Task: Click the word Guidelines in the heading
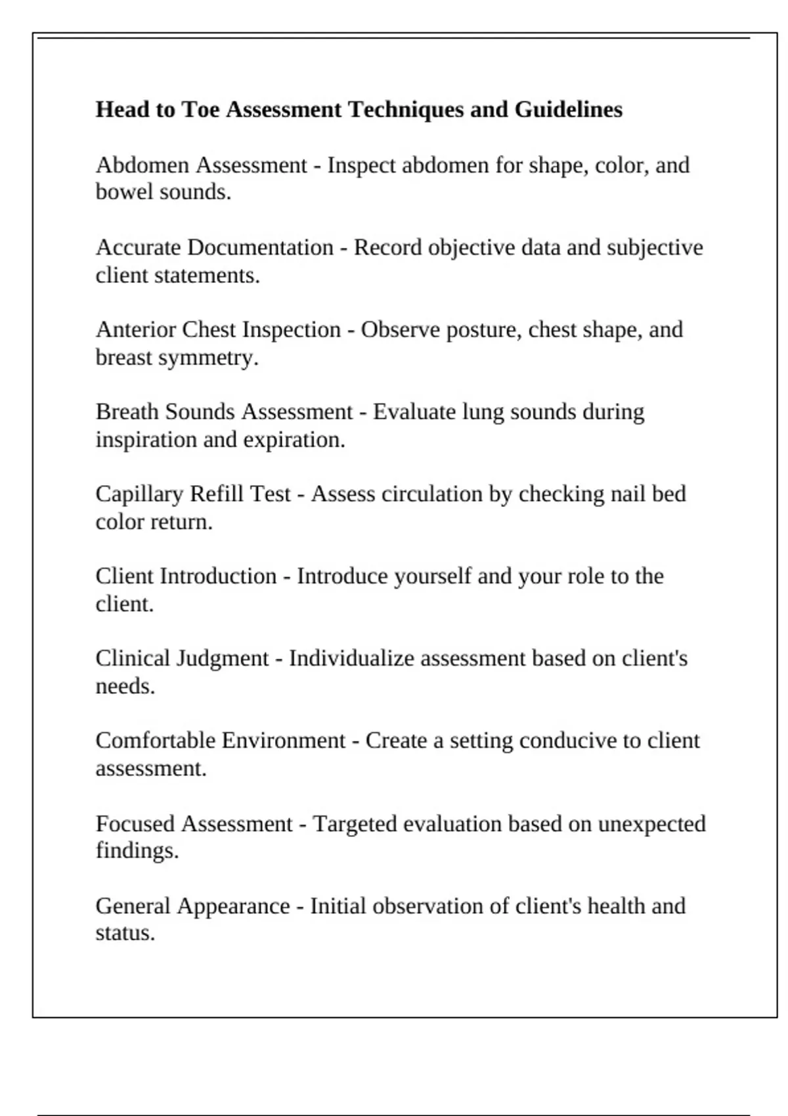point(568,109)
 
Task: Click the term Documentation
point(260,247)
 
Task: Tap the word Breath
point(127,412)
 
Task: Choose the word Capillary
point(139,494)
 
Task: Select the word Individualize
point(351,658)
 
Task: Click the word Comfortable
point(155,740)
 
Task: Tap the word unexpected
point(651,824)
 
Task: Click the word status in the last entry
point(125,933)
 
